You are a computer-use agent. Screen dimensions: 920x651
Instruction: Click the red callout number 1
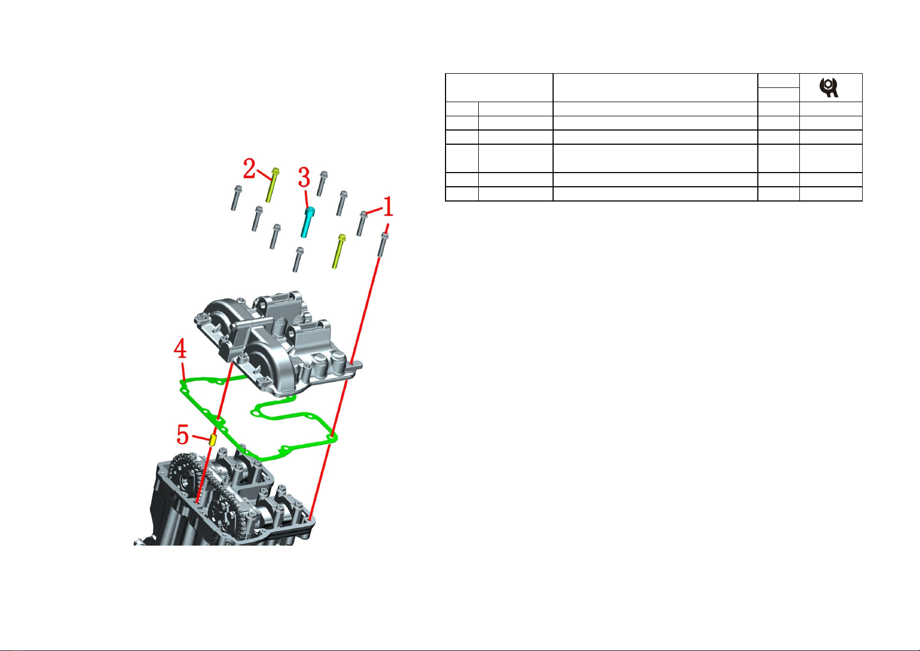(388, 206)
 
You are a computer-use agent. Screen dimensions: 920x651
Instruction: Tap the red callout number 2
(250, 168)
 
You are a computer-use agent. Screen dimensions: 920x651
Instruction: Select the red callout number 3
(304, 177)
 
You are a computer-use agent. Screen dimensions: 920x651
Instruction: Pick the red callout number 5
(183, 435)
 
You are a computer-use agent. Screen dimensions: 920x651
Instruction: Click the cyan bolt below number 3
(307, 222)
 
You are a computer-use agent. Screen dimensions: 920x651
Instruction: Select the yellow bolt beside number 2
(272, 185)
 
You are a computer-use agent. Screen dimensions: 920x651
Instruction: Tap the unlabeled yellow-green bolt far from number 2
(339, 251)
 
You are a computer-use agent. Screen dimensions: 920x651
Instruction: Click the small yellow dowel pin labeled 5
(213, 440)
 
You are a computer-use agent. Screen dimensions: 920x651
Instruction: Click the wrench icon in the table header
(829, 87)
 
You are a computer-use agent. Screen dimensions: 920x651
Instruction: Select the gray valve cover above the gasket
(278, 344)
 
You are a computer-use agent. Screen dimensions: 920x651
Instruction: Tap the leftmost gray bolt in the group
(236, 198)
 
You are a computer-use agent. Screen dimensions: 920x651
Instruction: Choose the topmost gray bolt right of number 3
(322, 184)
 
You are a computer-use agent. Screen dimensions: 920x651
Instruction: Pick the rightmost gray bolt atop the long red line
(383, 244)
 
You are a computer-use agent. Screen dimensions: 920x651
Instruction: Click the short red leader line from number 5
(201, 437)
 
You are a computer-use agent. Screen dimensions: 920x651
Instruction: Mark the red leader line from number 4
(183, 370)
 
